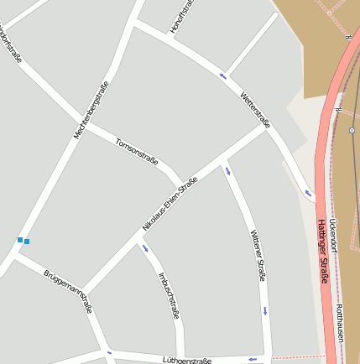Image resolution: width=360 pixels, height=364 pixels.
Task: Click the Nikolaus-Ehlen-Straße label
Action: (170, 205)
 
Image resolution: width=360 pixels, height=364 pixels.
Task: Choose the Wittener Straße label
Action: (257, 255)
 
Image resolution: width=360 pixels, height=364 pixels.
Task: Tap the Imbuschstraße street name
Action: (169, 294)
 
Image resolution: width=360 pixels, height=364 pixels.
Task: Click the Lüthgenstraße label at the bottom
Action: (188, 359)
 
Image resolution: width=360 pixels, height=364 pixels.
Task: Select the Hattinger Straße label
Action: (322, 252)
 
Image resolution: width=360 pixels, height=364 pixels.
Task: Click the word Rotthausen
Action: (339, 323)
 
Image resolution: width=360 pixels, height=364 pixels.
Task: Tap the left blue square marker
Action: (20, 240)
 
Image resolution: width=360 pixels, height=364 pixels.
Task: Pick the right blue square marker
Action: (27, 242)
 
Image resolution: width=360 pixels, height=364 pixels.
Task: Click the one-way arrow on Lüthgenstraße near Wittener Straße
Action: (252, 359)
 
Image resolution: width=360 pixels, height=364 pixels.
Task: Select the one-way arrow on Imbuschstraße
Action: (145, 247)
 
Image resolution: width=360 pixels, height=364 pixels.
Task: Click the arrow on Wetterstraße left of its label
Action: (223, 76)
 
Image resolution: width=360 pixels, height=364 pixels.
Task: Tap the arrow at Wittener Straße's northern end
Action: (227, 172)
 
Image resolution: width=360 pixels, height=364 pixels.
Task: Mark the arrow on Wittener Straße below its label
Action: (265, 310)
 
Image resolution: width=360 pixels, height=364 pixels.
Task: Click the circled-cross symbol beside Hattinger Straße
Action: (352, 130)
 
